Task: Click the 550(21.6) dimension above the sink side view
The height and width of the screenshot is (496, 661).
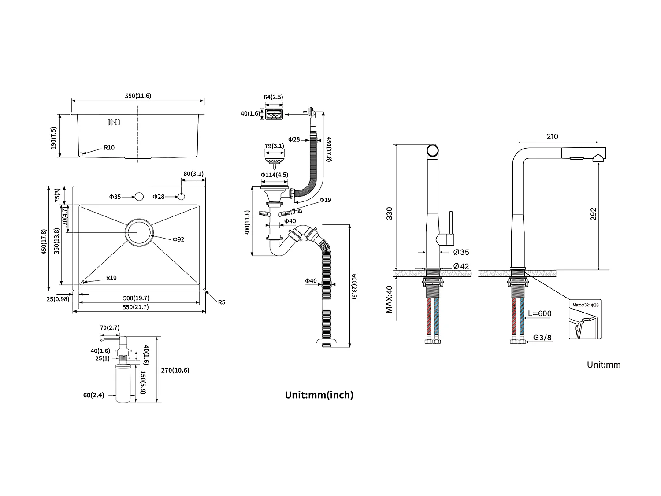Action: point(138,96)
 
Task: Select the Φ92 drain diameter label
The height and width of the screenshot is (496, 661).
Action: point(178,239)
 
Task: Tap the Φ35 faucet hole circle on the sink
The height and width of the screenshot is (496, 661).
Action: point(139,197)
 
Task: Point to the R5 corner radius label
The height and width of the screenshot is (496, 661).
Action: point(221,302)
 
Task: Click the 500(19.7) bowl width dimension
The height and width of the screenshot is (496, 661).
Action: point(136,298)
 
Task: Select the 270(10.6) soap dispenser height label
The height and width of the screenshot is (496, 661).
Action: point(175,370)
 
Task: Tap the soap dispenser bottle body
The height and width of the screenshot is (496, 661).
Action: point(123,383)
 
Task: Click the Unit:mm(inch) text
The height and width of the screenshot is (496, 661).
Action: point(319,395)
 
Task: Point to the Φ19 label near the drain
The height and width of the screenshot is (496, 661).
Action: point(325,200)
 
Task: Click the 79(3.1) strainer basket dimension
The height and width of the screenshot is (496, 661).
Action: point(274,146)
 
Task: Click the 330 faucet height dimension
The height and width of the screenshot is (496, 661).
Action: point(389,214)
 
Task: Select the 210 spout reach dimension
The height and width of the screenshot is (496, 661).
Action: point(552,137)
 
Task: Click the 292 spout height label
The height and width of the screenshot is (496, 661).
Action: point(593,214)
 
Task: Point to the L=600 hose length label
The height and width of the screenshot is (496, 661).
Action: point(539,314)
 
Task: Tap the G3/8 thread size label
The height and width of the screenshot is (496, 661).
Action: point(542,338)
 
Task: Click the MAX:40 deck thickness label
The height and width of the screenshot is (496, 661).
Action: point(389,299)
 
